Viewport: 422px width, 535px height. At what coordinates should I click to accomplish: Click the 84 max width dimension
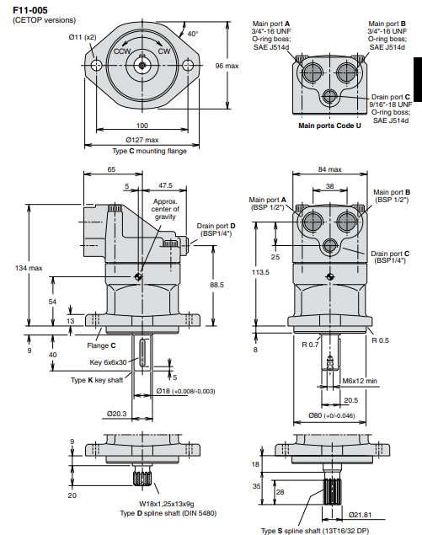tap(329, 170)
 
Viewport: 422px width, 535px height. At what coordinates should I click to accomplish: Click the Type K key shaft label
tap(99, 380)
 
